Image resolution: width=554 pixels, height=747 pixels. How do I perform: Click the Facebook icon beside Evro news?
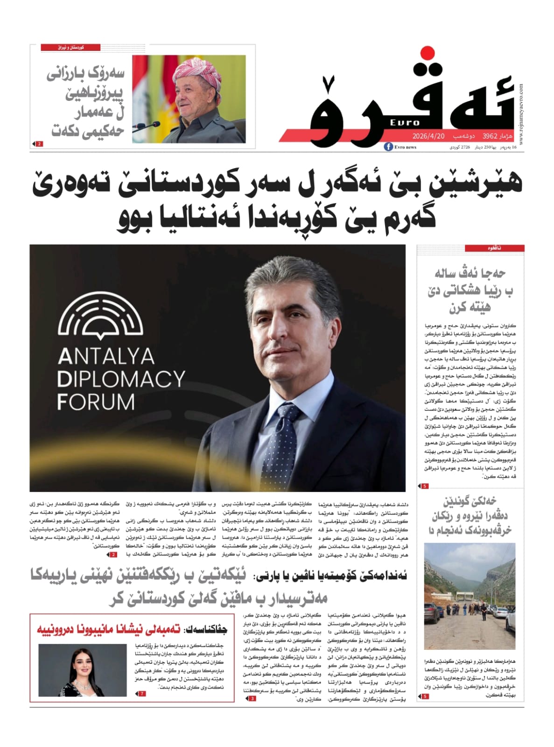point(388,147)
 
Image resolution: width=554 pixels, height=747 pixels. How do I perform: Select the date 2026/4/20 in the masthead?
point(428,136)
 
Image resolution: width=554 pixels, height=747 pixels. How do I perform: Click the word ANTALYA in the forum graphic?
point(106,357)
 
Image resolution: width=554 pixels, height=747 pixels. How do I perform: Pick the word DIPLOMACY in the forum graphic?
point(121,379)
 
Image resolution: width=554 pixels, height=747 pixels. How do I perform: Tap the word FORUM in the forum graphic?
point(96,402)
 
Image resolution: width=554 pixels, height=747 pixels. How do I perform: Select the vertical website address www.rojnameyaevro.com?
point(520,114)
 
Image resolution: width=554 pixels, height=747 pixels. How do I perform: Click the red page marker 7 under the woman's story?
point(142,694)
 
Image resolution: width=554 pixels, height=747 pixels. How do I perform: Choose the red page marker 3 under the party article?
point(252,698)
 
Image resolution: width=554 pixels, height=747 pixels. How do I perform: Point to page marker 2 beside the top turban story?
point(39,144)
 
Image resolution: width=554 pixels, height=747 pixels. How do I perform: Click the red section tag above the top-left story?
point(70,48)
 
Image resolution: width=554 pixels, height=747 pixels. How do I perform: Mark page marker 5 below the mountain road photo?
point(424,697)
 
